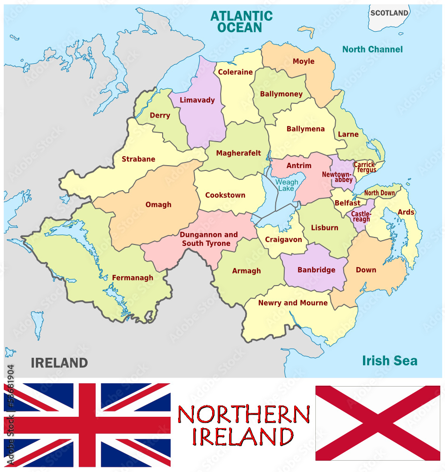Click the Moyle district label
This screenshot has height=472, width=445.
(x=303, y=61)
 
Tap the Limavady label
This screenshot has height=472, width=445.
(x=197, y=100)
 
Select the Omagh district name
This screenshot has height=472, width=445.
(x=158, y=205)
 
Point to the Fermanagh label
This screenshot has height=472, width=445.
(x=132, y=278)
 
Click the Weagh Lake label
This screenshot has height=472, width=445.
(x=287, y=185)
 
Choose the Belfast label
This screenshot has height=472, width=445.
(x=347, y=203)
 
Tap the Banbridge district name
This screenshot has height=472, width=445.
(x=316, y=270)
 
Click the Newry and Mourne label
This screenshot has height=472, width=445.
(x=293, y=303)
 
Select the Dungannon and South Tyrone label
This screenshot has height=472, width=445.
(x=208, y=239)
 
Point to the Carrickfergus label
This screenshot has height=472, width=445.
(x=365, y=168)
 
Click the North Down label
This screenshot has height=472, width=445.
(x=379, y=193)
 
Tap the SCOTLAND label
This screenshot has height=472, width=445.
(x=389, y=13)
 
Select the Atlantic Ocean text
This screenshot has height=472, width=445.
(x=241, y=21)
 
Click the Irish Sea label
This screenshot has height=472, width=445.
(x=389, y=361)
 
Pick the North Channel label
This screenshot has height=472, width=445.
(x=372, y=49)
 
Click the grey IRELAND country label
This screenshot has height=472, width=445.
(x=59, y=363)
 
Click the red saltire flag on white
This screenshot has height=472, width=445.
(x=378, y=423)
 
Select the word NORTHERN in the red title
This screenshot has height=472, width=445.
(x=243, y=415)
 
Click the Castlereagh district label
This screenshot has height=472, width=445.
(x=361, y=217)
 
